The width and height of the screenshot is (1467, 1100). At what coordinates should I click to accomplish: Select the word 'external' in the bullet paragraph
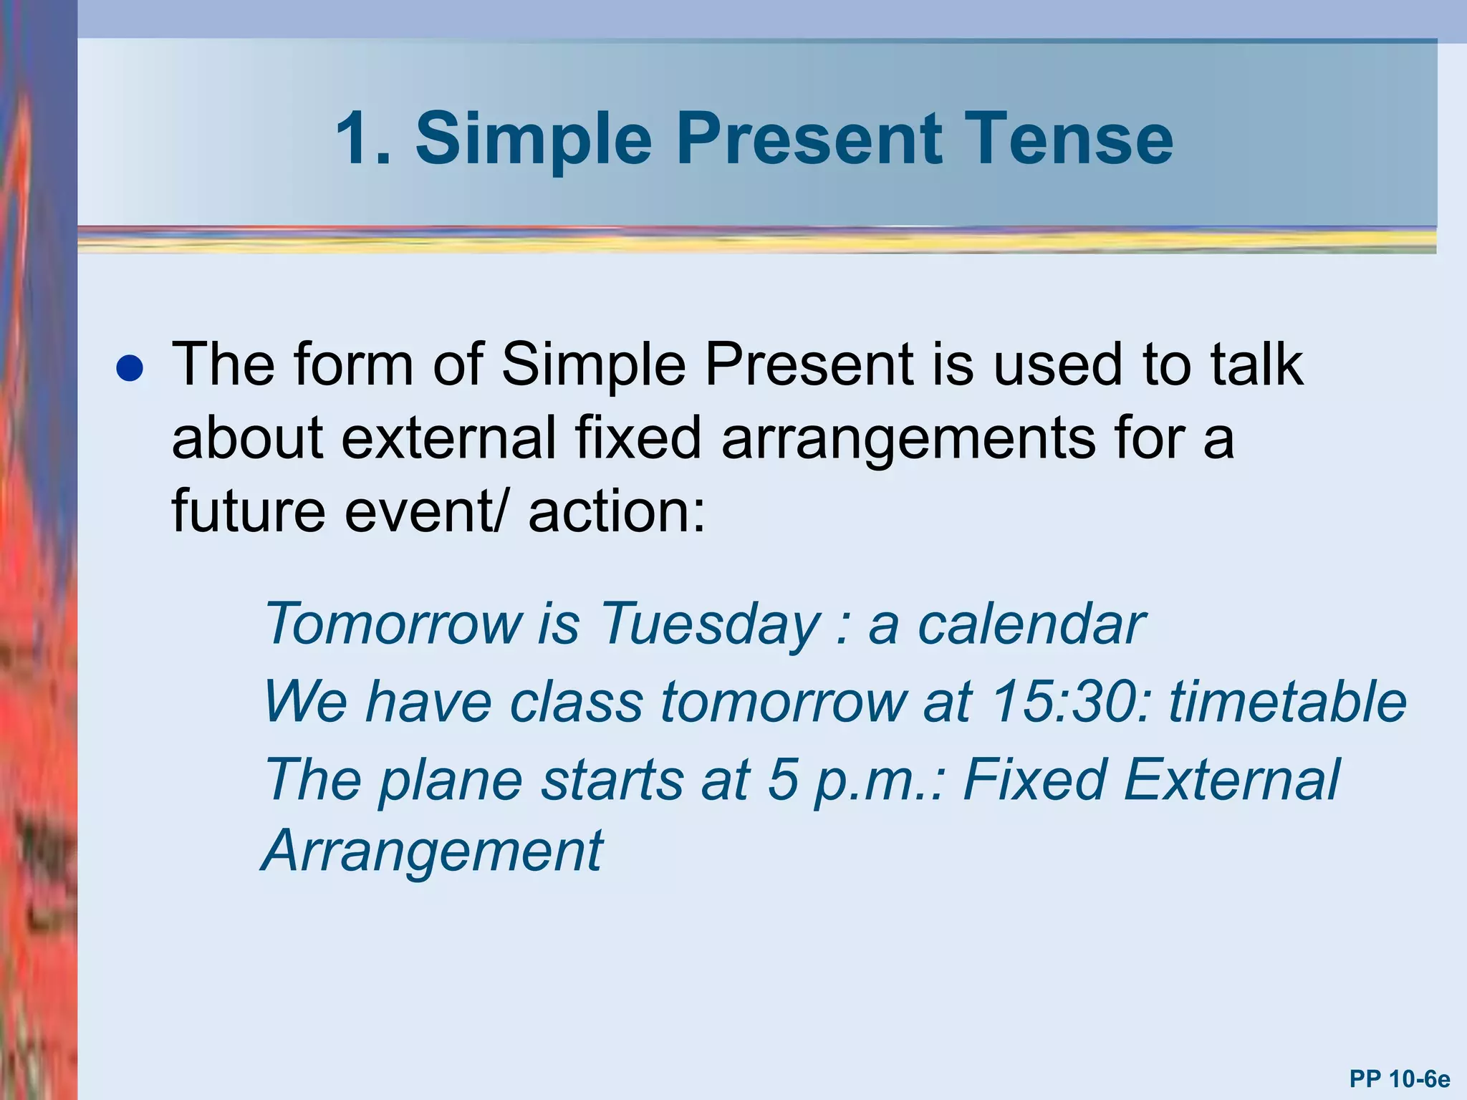tap(448, 438)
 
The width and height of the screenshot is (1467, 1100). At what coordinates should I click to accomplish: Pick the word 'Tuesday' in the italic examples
tap(708, 624)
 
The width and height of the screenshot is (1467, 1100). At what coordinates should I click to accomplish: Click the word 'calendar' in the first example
tap(1031, 624)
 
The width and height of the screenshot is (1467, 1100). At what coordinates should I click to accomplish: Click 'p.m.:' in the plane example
tap(881, 779)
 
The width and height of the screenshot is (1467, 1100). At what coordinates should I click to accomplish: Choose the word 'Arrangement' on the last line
tap(433, 851)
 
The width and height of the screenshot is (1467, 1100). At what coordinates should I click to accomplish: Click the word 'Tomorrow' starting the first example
tap(393, 624)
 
